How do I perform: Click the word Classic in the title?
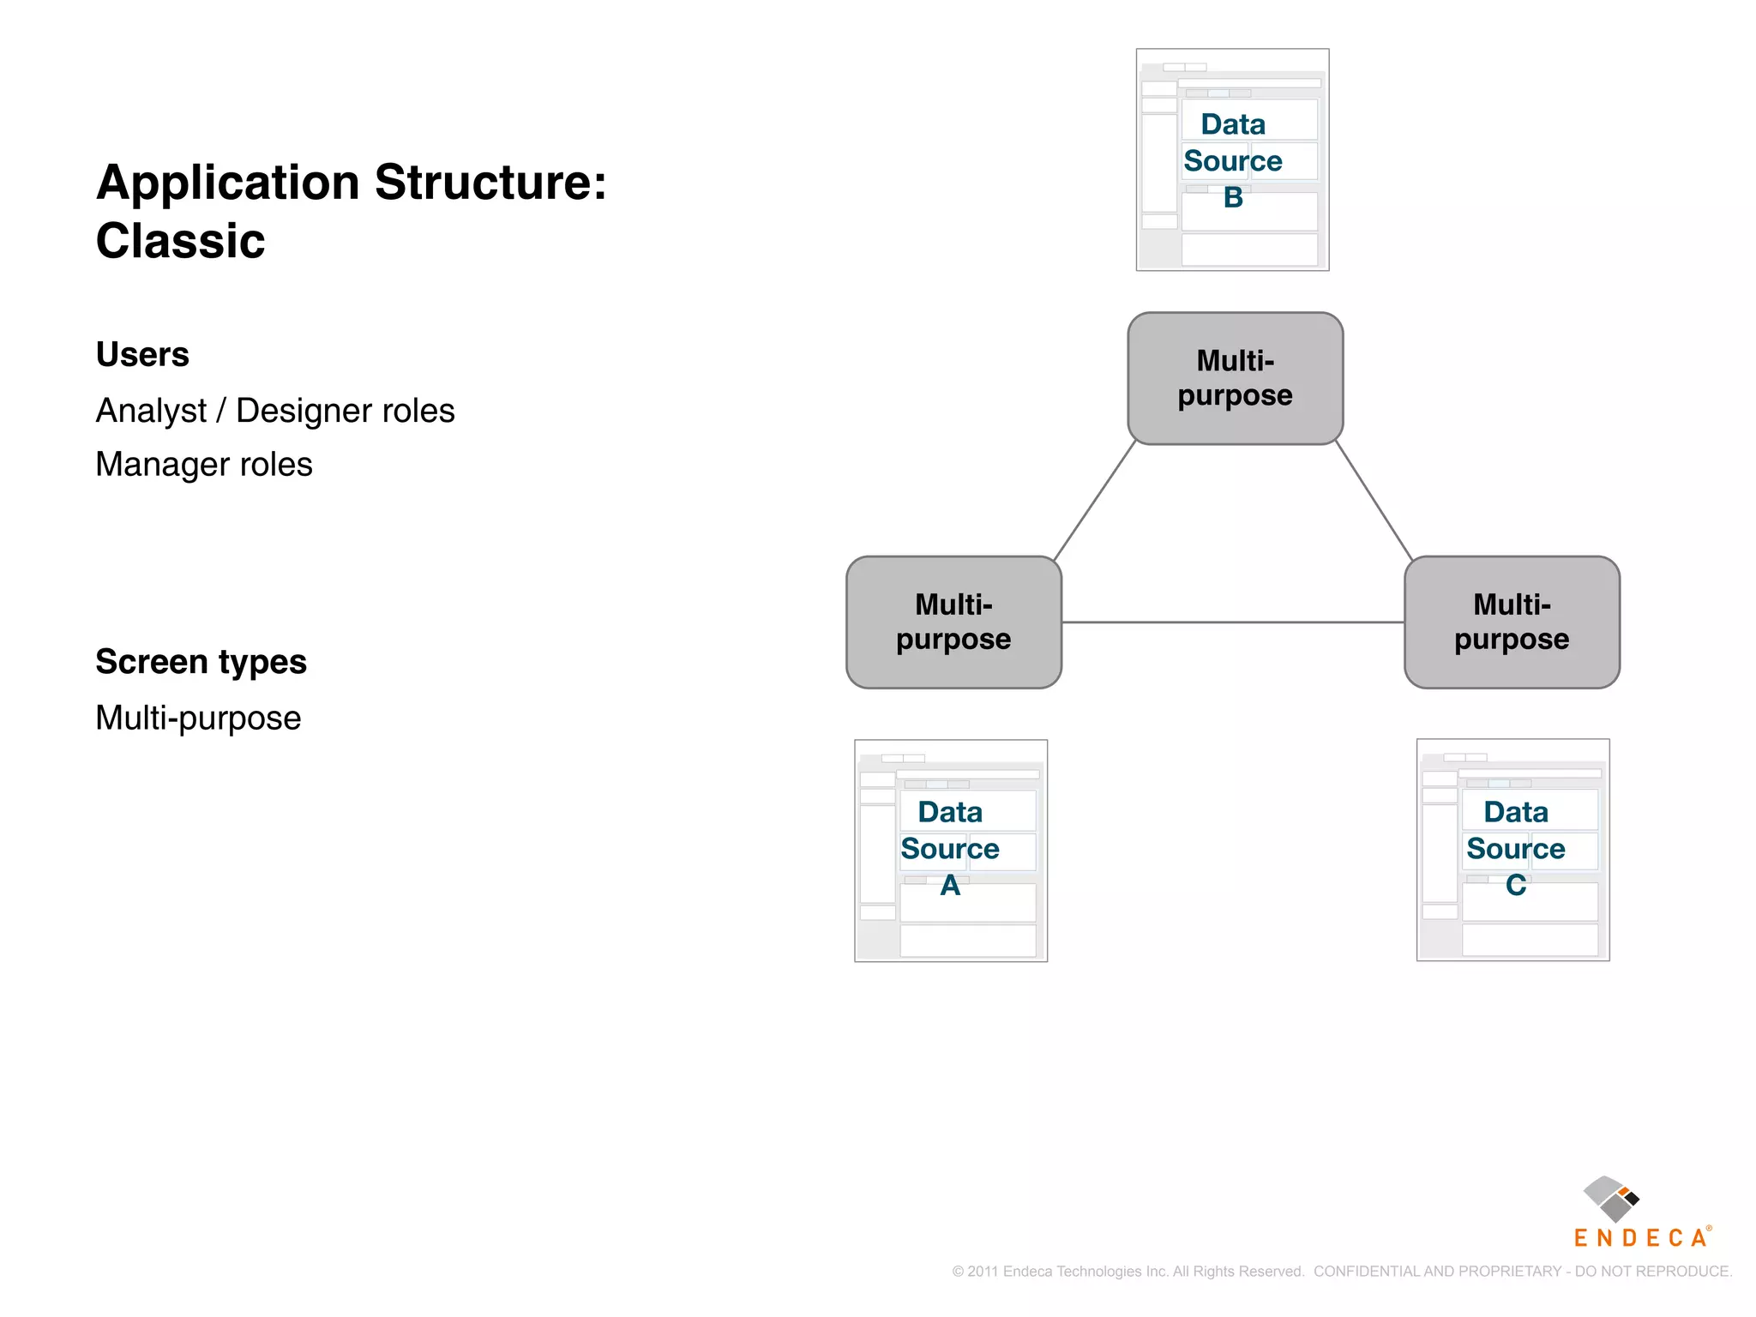180,241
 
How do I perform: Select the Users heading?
142,354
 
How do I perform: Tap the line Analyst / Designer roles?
274,411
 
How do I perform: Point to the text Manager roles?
204,465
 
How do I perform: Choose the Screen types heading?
201,662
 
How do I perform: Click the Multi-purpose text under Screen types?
198,718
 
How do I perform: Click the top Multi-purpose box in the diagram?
1235,378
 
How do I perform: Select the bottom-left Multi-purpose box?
953,622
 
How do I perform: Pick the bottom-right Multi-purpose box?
1512,622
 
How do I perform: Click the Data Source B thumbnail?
1232,159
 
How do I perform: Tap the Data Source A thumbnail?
950,851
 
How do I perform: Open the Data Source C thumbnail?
1512,850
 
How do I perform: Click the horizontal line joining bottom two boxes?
1233,622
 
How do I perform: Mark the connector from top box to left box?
1095,501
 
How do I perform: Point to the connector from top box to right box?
1374,501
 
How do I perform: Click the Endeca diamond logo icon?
1610,1199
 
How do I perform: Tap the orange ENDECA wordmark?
1639,1238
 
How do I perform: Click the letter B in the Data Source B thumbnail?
1233,198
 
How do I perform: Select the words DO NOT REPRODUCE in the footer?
1652,1272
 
